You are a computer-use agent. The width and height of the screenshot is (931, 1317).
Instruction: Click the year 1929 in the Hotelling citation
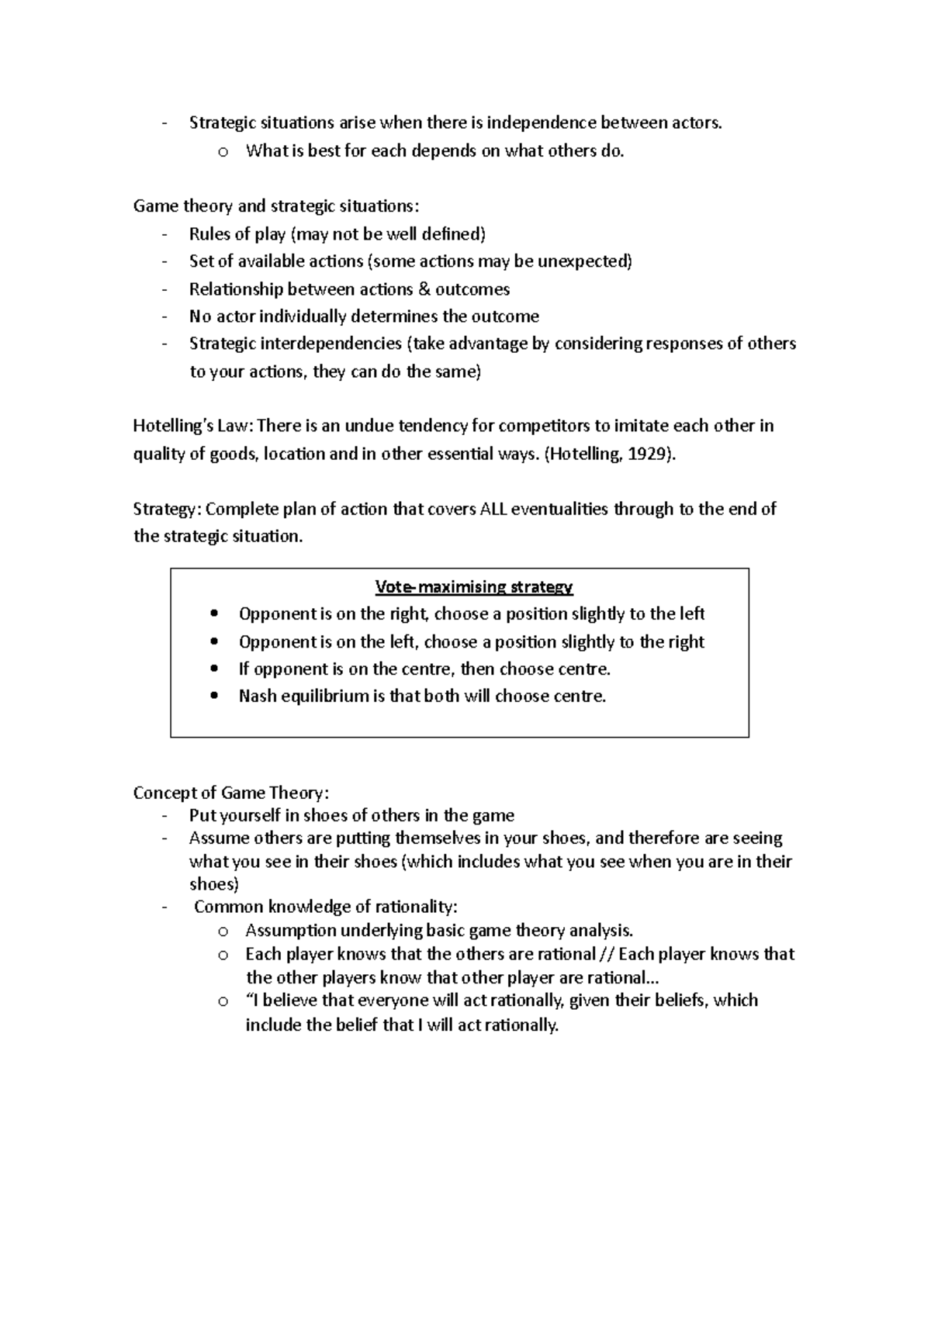point(649,455)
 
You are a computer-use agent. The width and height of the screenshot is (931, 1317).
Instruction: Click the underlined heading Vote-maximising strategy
point(473,587)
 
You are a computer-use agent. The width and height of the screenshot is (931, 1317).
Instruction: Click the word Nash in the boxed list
point(258,697)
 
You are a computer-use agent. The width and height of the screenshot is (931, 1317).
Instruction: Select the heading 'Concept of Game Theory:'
point(231,793)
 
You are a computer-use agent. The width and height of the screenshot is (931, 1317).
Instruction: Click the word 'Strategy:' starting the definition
point(167,510)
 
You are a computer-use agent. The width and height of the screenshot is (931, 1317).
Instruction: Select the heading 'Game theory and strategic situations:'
point(275,206)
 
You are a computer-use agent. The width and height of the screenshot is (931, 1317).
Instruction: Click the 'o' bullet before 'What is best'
point(223,152)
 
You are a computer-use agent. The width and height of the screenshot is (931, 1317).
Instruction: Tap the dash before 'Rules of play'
point(164,234)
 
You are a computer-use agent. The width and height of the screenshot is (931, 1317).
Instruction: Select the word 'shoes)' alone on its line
point(214,884)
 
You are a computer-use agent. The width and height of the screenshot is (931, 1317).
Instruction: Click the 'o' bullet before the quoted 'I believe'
point(223,1001)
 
